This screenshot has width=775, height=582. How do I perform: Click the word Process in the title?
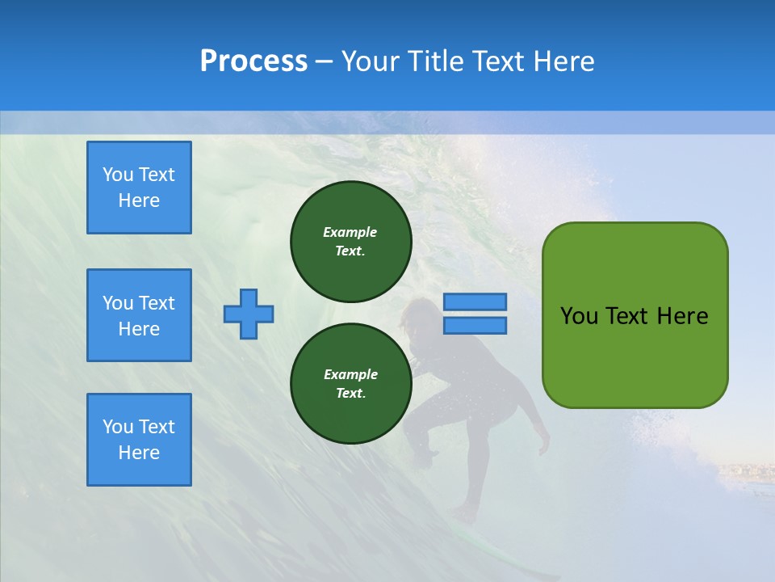pyautogui.click(x=253, y=61)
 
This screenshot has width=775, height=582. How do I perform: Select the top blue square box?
pyautogui.click(x=139, y=188)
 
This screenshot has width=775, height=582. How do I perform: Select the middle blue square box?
pyautogui.click(x=139, y=315)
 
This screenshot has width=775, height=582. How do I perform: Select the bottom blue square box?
pyautogui.click(x=139, y=440)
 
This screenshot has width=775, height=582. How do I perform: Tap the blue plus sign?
pyautogui.click(x=249, y=314)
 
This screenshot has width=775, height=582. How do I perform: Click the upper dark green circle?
pyautogui.click(x=350, y=242)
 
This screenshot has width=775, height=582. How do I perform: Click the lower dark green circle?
pyautogui.click(x=350, y=384)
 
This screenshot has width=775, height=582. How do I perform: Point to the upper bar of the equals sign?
pyautogui.click(x=475, y=302)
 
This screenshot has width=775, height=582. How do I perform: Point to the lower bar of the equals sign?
pyautogui.click(x=475, y=325)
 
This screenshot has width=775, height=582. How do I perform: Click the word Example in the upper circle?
pyautogui.click(x=350, y=232)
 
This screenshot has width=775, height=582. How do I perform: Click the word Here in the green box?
pyautogui.click(x=682, y=316)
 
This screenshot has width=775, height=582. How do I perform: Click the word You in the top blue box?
pyautogui.click(x=117, y=175)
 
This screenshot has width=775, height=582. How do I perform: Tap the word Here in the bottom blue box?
pyautogui.click(x=139, y=453)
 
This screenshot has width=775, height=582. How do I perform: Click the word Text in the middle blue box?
pyautogui.click(x=157, y=303)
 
